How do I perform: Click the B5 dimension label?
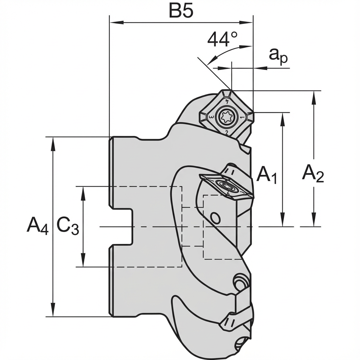[x=181, y=11]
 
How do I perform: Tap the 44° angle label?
[x=222, y=39]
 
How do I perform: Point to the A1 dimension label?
[x=267, y=175]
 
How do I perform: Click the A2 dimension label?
[x=313, y=173]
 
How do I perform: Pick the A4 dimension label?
[x=37, y=225]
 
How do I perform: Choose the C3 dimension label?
[x=68, y=225]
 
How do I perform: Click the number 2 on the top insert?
[x=227, y=133]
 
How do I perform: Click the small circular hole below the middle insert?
[x=215, y=218]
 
